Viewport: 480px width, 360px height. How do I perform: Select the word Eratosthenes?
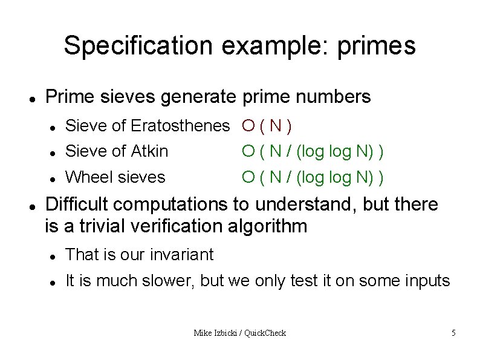tap(180, 126)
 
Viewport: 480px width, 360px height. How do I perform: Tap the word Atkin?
tap(149, 151)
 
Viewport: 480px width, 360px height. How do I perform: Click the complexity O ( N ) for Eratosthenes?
tap(267, 126)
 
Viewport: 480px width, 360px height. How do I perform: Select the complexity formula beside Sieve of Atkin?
tap(313, 151)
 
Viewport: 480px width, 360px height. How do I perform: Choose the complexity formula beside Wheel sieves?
tap(313, 177)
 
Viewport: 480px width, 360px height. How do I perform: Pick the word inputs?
tap(427, 281)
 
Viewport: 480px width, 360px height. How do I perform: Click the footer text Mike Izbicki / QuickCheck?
tap(239, 333)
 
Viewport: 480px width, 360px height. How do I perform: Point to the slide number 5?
tap(453, 333)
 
